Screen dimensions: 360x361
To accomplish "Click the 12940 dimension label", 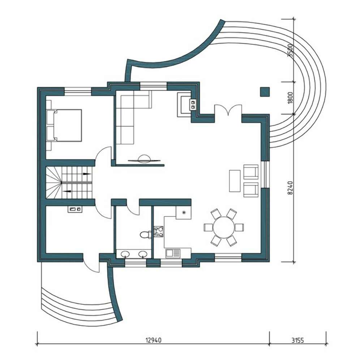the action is click(x=154, y=340).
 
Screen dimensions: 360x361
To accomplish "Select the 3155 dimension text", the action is click(x=298, y=340).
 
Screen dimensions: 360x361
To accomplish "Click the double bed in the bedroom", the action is click(x=64, y=125).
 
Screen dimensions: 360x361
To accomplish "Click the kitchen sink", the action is click(x=173, y=253).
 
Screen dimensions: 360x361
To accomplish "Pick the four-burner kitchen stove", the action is click(x=159, y=231).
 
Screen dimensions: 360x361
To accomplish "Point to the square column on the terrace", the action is click(x=265, y=92).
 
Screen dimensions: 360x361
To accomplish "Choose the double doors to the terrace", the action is click(x=228, y=109).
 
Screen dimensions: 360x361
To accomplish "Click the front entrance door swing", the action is click(x=91, y=263).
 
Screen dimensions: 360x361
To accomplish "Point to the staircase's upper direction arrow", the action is click(x=87, y=174).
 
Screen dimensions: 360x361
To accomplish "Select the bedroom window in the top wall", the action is click(x=78, y=91).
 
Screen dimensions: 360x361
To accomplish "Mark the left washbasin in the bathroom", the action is click(x=125, y=254).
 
